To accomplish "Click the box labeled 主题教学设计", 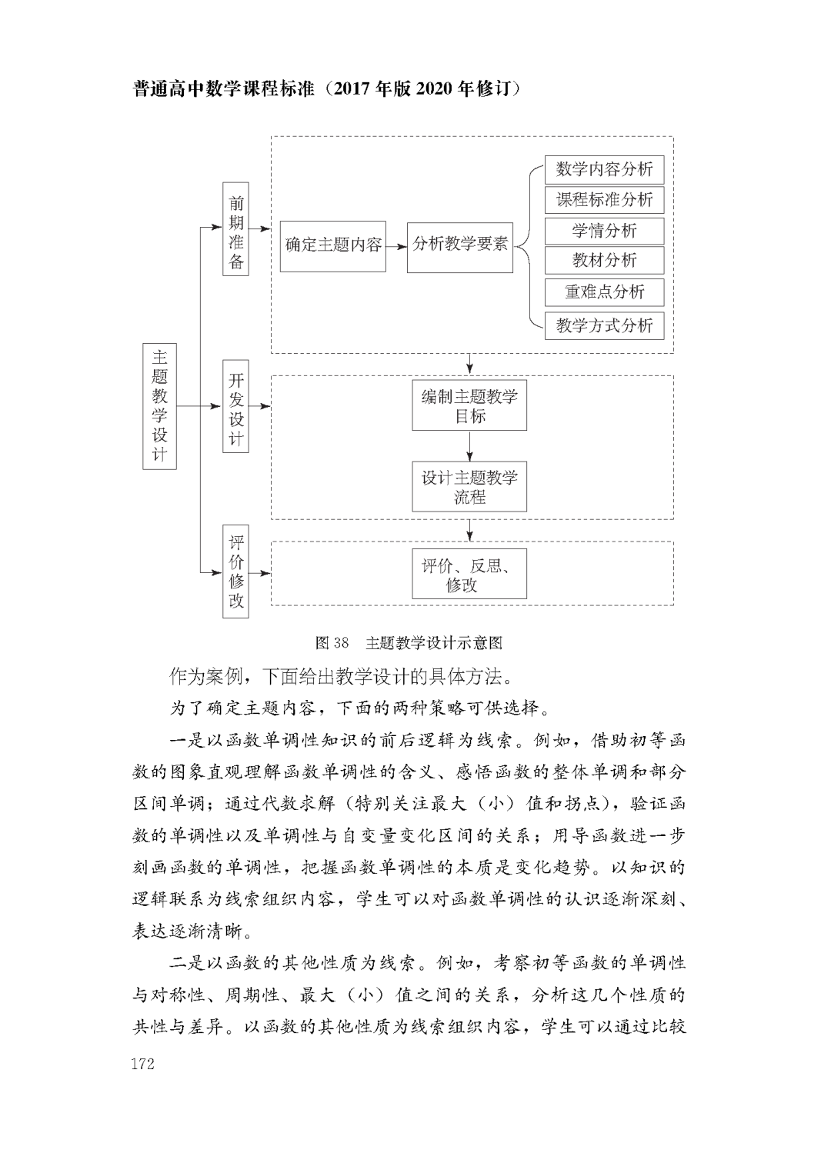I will (x=159, y=406).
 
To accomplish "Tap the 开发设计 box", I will (x=235, y=406).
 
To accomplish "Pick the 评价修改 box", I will (x=235, y=572).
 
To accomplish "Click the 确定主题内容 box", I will (x=332, y=245).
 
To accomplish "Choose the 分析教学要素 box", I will (x=459, y=245).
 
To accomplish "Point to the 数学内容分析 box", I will (x=604, y=169).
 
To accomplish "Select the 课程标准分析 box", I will (x=604, y=200).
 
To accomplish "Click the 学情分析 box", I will (x=604, y=231).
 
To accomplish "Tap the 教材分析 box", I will (x=604, y=260).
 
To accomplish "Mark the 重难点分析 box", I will (x=604, y=292).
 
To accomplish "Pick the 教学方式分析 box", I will (x=604, y=325).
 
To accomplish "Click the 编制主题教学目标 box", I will (x=469, y=405).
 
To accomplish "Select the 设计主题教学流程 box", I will (x=469, y=487).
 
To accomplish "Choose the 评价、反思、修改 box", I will (x=469, y=574).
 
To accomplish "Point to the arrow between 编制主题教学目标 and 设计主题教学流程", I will (x=469, y=446).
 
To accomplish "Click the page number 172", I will (x=143, y=1064).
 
